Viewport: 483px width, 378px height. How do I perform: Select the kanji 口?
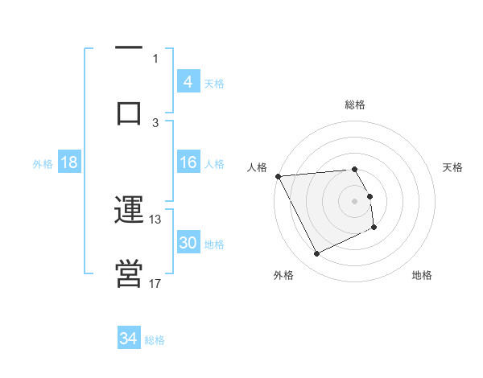(x=129, y=112)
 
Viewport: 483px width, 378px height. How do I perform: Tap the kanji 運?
(x=129, y=211)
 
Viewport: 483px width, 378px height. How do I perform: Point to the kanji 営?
(x=129, y=273)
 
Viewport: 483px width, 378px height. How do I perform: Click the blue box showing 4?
(x=188, y=81)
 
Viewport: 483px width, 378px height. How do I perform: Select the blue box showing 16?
(x=188, y=162)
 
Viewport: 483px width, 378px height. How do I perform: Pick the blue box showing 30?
(x=188, y=243)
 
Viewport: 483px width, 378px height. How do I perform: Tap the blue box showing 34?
(x=129, y=339)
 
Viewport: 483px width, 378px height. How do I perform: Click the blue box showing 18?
(x=69, y=162)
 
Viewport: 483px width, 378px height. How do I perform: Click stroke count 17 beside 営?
(x=155, y=283)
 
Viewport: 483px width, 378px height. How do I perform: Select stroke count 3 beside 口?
(x=155, y=122)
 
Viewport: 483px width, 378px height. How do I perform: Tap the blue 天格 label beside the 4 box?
(x=214, y=83)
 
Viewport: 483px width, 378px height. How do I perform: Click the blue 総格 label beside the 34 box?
(x=155, y=340)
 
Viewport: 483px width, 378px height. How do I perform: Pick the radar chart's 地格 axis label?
(x=422, y=275)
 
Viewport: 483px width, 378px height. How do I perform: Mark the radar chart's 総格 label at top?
(x=355, y=105)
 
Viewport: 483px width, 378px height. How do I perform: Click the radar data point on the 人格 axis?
(x=278, y=176)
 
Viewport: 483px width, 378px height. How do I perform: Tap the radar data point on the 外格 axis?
(x=316, y=254)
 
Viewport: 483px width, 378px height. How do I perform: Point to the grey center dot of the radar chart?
(x=355, y=201)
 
